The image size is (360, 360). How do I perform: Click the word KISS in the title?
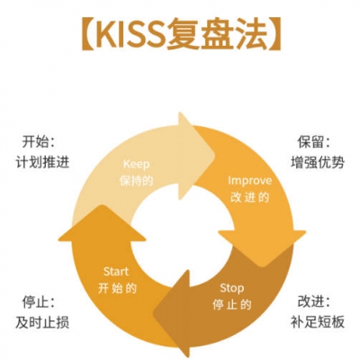point(130,34)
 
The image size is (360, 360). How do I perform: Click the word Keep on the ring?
point(137,165)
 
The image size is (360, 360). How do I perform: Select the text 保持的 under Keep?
point(137,181)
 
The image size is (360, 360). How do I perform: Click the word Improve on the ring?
point(249,181)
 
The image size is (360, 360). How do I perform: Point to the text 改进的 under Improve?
point(249,197)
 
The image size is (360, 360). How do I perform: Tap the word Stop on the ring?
point(231,288)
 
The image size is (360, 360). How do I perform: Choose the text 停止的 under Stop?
point(231,304)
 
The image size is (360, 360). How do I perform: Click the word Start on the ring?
point(116,272)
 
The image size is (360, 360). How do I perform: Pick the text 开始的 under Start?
point(117,288)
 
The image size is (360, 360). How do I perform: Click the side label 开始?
point(39,141)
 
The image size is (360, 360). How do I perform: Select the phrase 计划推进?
point(42,162)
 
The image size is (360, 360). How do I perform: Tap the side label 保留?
point(314,141)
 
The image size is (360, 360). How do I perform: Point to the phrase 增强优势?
point(318,162)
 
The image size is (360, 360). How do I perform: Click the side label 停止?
point(39,301)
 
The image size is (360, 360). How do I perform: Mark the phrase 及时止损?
point(42,322)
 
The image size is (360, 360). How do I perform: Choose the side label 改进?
point(314,301)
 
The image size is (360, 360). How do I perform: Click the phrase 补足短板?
point(318,322)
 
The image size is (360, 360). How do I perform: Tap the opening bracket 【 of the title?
point(88,34)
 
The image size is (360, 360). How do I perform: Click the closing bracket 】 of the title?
point(274,34)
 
